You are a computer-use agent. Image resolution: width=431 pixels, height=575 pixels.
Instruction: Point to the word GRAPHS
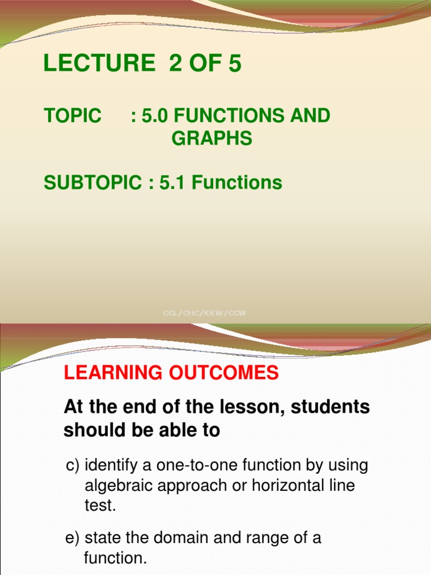click(212, 138)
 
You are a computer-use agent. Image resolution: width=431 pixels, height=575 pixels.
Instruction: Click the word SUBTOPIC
click(93, 182)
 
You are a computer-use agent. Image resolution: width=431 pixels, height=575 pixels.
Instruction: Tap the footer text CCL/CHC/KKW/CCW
click(204, 313)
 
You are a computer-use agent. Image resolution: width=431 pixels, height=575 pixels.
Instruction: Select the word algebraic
click(119, 486)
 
